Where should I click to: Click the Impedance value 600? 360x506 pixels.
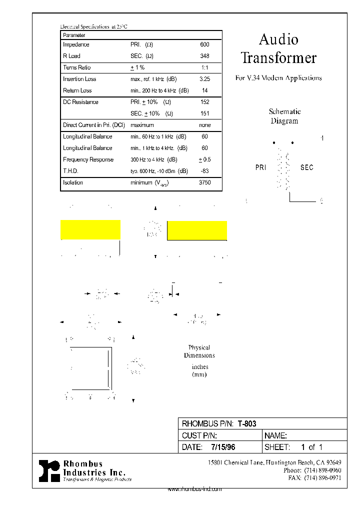point(204,44)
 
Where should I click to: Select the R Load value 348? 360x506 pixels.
point(204,56)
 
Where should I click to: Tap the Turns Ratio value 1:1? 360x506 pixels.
point(204,67)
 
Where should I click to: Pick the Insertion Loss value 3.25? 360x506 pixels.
point(204,79)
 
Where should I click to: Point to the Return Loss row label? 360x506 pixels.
point(77,90)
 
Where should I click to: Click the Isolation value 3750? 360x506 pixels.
point(204,182)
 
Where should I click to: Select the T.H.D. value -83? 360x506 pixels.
point(204,171)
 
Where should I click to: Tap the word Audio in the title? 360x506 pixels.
point(278,39)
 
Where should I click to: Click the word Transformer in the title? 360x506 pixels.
point(278,57)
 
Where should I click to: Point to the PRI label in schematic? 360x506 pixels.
point(261,167)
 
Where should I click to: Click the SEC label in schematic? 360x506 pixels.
point(306,167)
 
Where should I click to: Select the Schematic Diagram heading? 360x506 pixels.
point(284,116)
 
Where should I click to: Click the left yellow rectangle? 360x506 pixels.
point(90,229)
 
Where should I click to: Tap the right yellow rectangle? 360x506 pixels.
point(197,230)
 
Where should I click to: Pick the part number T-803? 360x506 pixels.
point(247,423)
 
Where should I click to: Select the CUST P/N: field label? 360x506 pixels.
point(199,435)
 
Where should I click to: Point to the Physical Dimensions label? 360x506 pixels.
point(199,351)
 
